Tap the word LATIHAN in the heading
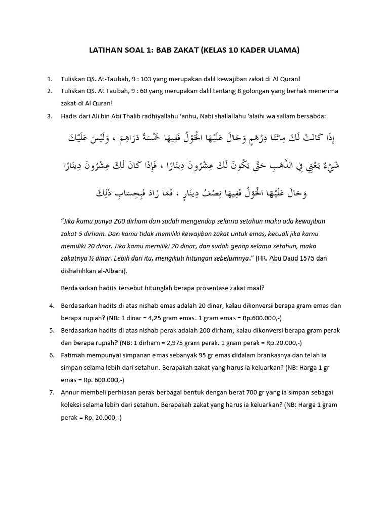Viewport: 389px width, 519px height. click(105, 50)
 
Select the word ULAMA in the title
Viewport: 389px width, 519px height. click(285, 50)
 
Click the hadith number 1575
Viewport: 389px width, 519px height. click(303, 258)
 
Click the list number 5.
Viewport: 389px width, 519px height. click(51, 331)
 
